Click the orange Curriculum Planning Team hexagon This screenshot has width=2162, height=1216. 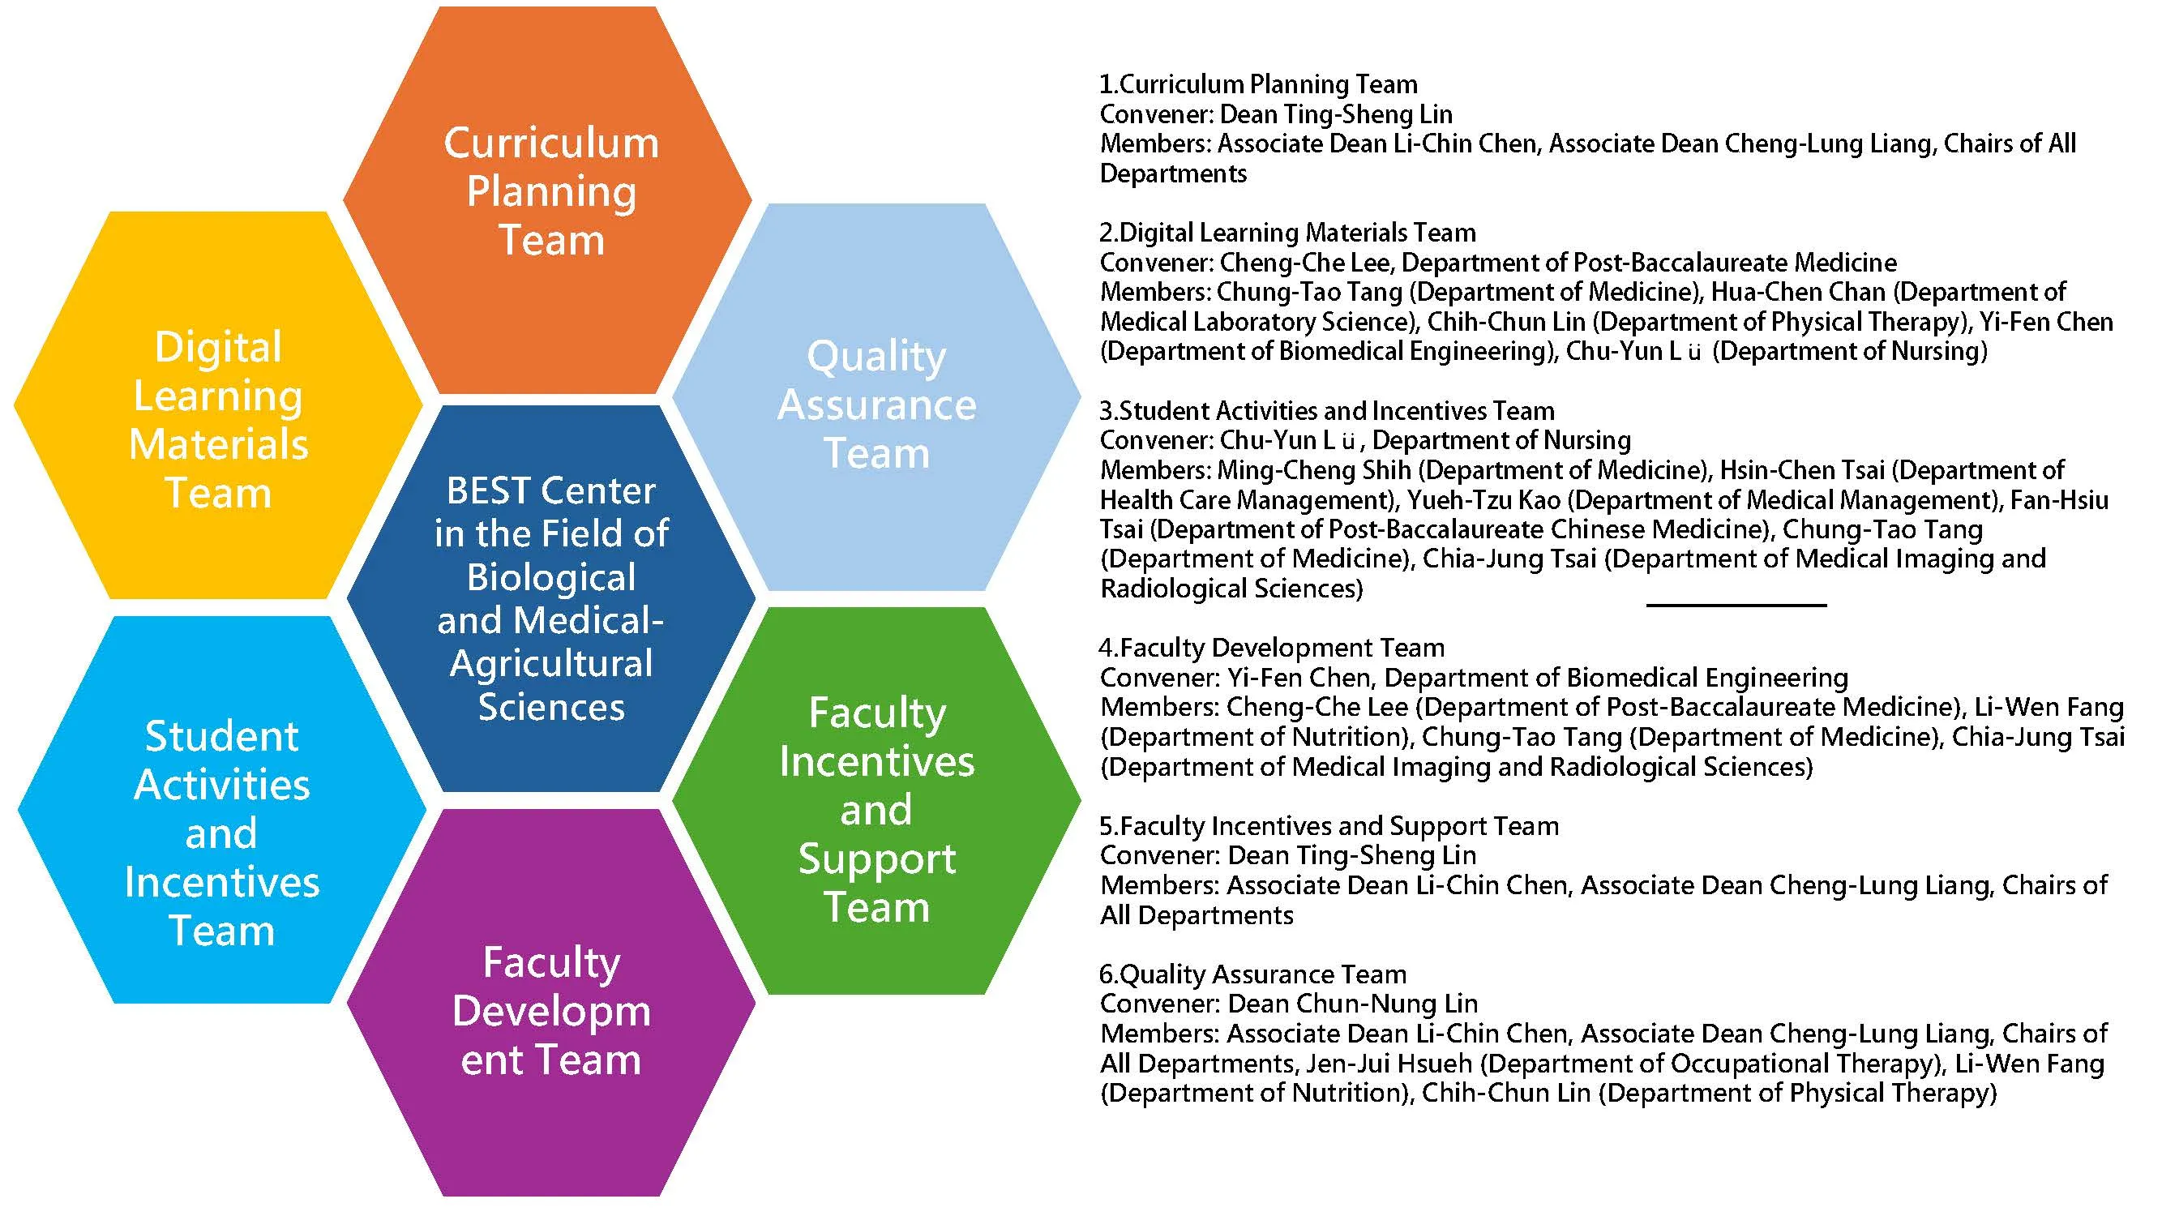550,193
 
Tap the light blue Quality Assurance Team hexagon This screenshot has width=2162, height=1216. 876,403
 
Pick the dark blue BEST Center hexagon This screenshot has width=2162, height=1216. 550,597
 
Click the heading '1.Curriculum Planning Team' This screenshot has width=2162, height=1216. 1258,85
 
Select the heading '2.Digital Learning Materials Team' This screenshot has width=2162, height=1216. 1287,233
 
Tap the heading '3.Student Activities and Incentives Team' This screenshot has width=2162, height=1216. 1327,411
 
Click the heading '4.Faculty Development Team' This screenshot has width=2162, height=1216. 1272,648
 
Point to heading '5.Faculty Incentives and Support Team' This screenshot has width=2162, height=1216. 1329,827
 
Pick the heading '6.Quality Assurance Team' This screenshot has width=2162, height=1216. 1252,974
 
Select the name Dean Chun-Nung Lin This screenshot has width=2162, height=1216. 1352,1004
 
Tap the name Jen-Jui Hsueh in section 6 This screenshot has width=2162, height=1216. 1389,1064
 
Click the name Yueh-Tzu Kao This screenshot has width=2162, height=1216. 1483,500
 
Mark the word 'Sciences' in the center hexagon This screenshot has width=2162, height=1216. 550,707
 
